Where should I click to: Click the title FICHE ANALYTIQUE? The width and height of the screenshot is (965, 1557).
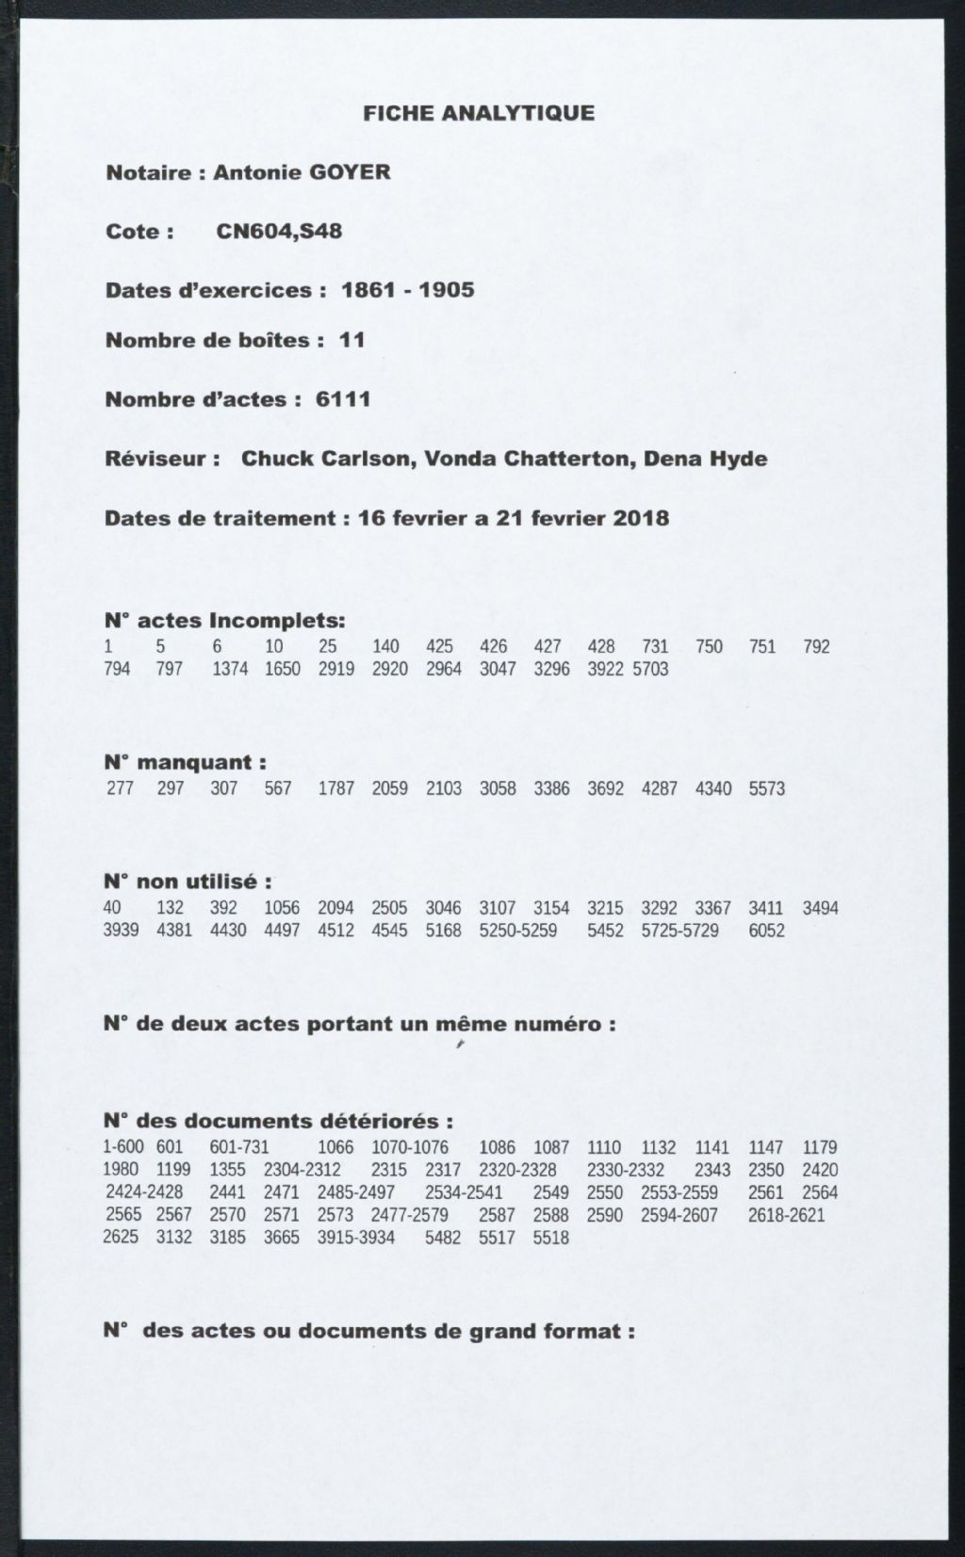click(x=479, y=114)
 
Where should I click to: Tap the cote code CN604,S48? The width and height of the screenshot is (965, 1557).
click(x=279, y=232)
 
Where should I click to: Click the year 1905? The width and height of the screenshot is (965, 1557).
click(x=447, y=290)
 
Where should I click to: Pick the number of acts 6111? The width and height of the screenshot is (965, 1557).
click(x=343, y=399)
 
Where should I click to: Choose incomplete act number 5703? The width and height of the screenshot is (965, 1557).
click(x=650, y=670)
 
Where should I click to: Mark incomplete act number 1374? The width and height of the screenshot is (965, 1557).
click(x=230, y=670)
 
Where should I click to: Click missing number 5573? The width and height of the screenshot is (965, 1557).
click(x=766, y=788)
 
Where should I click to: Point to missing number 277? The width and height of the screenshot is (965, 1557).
click(x=120, y=788)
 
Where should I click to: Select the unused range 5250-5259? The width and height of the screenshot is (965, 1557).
click(x=517, y=932)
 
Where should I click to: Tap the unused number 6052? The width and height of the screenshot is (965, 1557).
click(x=766, y=932)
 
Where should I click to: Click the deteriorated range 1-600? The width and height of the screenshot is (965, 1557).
click(x=123, y=1148)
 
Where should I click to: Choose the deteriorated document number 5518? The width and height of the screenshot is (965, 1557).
click(x=551, y=1238)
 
